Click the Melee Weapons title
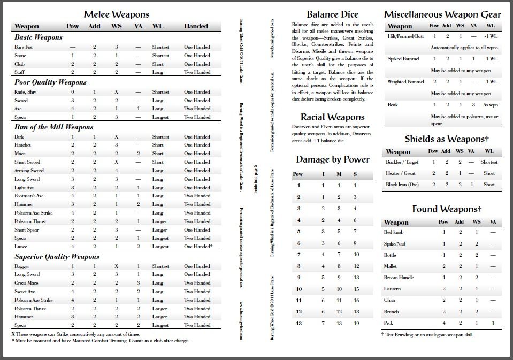tap(116, 14)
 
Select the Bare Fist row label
tap(23, 47)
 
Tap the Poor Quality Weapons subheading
tap(50, 82)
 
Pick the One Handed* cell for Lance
tap(198, 247)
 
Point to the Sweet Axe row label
tap(25, 292)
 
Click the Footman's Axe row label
tap(29, 196)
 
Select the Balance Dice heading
tap(332, 14)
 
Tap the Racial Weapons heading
tap(332, 117)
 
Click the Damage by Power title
tap(332, 159)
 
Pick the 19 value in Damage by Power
tap(356, 323)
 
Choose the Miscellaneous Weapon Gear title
tap(442, 14)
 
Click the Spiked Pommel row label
tap(403, 59)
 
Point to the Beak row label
tap(393, 105)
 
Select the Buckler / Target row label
tap(402, 162)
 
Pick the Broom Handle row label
tap(399, 278)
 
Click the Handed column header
tap(196, 26)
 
